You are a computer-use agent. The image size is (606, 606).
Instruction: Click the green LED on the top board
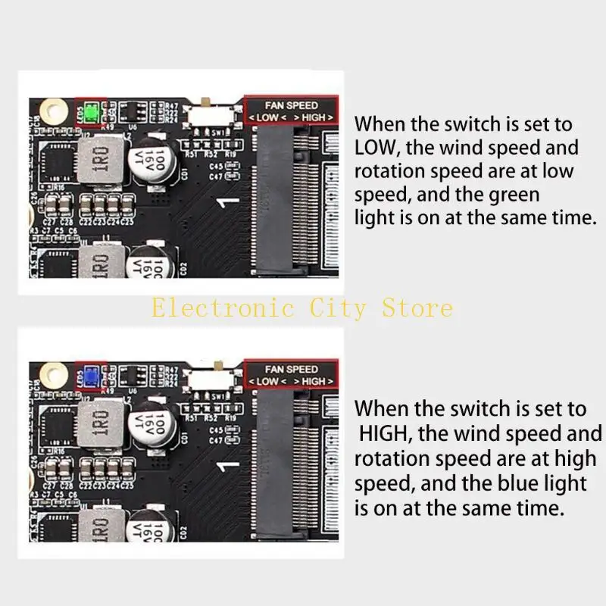(90, 114)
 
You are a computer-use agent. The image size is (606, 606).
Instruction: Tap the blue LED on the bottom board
(90, 376)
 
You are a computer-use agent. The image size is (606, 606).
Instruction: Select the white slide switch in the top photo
(208, 117)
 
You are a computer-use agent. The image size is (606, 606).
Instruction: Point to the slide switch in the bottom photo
(208, 380)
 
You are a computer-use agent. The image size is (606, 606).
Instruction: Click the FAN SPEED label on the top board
(292, 105)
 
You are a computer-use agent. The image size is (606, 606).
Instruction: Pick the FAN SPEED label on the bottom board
(292, 369)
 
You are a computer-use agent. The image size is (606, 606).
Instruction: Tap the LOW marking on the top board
(267, 118)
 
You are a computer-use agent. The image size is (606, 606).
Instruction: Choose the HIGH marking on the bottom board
(313, 381)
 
